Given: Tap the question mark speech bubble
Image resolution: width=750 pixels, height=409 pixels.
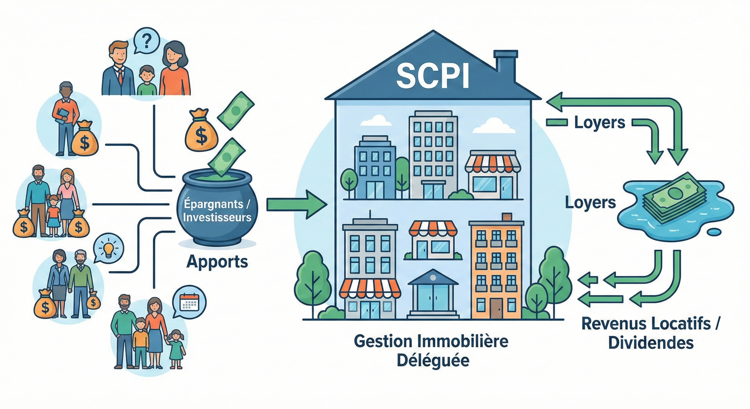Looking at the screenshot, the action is tap(146, 41).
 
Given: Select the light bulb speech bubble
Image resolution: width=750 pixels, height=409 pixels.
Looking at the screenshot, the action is tap(108, 249).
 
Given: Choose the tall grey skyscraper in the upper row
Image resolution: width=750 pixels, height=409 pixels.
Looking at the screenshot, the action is tap(433, 153).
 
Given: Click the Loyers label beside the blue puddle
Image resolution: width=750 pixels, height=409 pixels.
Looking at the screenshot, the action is tap(590, 202).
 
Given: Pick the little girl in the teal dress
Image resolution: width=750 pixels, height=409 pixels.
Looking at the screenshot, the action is tap(176, 349).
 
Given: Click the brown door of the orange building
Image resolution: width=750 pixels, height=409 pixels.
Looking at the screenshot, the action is tap(497, 308).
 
